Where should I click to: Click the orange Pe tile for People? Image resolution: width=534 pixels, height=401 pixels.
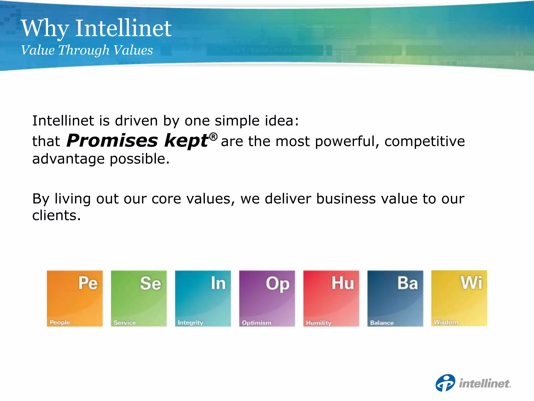(75, 298)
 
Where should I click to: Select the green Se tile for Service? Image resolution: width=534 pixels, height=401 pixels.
(139, 298)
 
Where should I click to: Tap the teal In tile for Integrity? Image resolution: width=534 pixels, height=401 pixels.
(203, 298)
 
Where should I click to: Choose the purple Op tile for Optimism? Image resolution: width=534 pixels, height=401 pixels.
(267, 298)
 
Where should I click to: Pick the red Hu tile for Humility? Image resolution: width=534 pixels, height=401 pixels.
(331, 298)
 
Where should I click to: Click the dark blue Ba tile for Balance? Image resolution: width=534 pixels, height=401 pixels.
(395, 298)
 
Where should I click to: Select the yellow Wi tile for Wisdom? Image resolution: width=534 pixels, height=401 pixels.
(459, 298)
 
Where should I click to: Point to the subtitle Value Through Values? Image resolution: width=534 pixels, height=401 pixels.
(87, 50)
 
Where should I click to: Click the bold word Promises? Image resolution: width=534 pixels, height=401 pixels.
(112, 141)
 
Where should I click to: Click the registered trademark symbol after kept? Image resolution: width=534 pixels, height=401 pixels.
(213, 137)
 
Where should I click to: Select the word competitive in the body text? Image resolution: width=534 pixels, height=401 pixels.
(424, 142)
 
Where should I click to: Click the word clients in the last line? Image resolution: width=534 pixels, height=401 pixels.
(56, 216)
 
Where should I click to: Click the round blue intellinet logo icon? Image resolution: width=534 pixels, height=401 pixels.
(445, 383)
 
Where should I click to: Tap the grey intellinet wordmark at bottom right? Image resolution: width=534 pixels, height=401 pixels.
(485, 384)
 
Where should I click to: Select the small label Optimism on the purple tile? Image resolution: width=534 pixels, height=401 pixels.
(257, 323)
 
